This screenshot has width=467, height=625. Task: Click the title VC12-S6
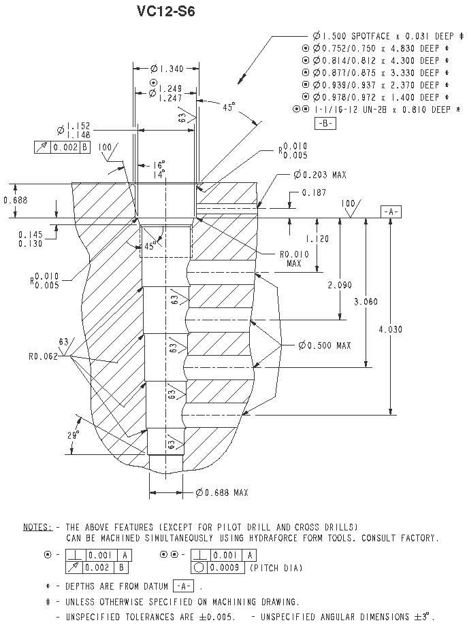pos(165,11)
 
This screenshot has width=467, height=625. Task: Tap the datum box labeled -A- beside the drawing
pos(391,212)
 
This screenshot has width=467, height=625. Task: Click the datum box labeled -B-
pos(325,123)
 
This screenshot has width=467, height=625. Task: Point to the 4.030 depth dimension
pos(390,329)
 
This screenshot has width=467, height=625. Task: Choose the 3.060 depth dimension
pos(366,301)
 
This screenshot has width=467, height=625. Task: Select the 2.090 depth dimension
pos(340,285)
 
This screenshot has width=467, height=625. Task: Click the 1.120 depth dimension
pos(317,239)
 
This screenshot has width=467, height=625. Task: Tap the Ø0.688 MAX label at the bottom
pos(222,492)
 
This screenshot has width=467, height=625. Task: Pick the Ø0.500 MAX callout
pos(325,345)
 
